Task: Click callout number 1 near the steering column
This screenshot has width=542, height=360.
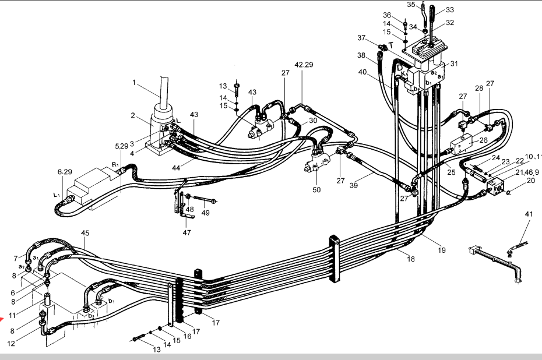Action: pos(134,83)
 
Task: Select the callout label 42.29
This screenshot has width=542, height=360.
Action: pos(304,65)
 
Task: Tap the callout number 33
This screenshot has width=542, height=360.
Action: pos(450,10)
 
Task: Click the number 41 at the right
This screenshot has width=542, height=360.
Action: pos(529,214)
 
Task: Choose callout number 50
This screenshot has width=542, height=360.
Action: pos(316,190)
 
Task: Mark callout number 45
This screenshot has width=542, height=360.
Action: pos(85,234)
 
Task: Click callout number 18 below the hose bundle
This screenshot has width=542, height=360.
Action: pos(411,259)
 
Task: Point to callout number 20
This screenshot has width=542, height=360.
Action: pos(530,181)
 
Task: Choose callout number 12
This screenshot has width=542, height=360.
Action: pos(12,343)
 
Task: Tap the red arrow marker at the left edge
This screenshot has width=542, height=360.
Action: pos(2,318)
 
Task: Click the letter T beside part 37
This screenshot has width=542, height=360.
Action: pos(391,44)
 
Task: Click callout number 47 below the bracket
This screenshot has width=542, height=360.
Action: pos(186,232)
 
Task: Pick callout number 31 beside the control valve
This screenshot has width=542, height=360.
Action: pos(454,63)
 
